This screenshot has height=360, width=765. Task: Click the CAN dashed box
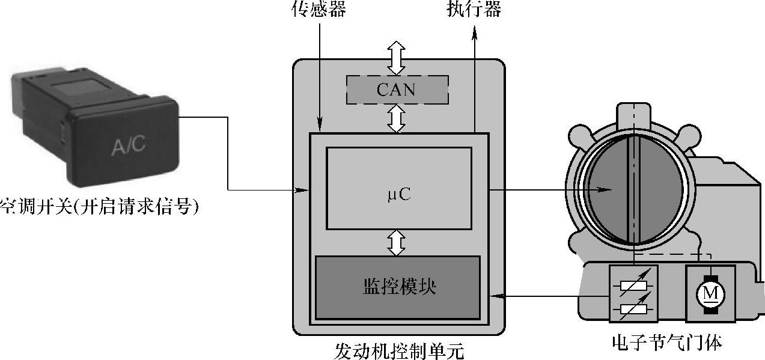coord(397,90)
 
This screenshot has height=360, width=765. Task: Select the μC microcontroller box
coord(398,188)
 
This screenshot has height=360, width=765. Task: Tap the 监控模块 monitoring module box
coord(398,287)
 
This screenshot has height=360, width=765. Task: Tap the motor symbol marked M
coord(710,293)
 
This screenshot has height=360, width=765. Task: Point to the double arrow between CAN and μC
coord(396,118)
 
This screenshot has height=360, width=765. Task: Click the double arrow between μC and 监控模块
coord(396,242)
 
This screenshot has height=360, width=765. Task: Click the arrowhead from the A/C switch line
coord(304,191)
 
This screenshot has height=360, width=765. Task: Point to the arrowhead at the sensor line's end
coord(320,128)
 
